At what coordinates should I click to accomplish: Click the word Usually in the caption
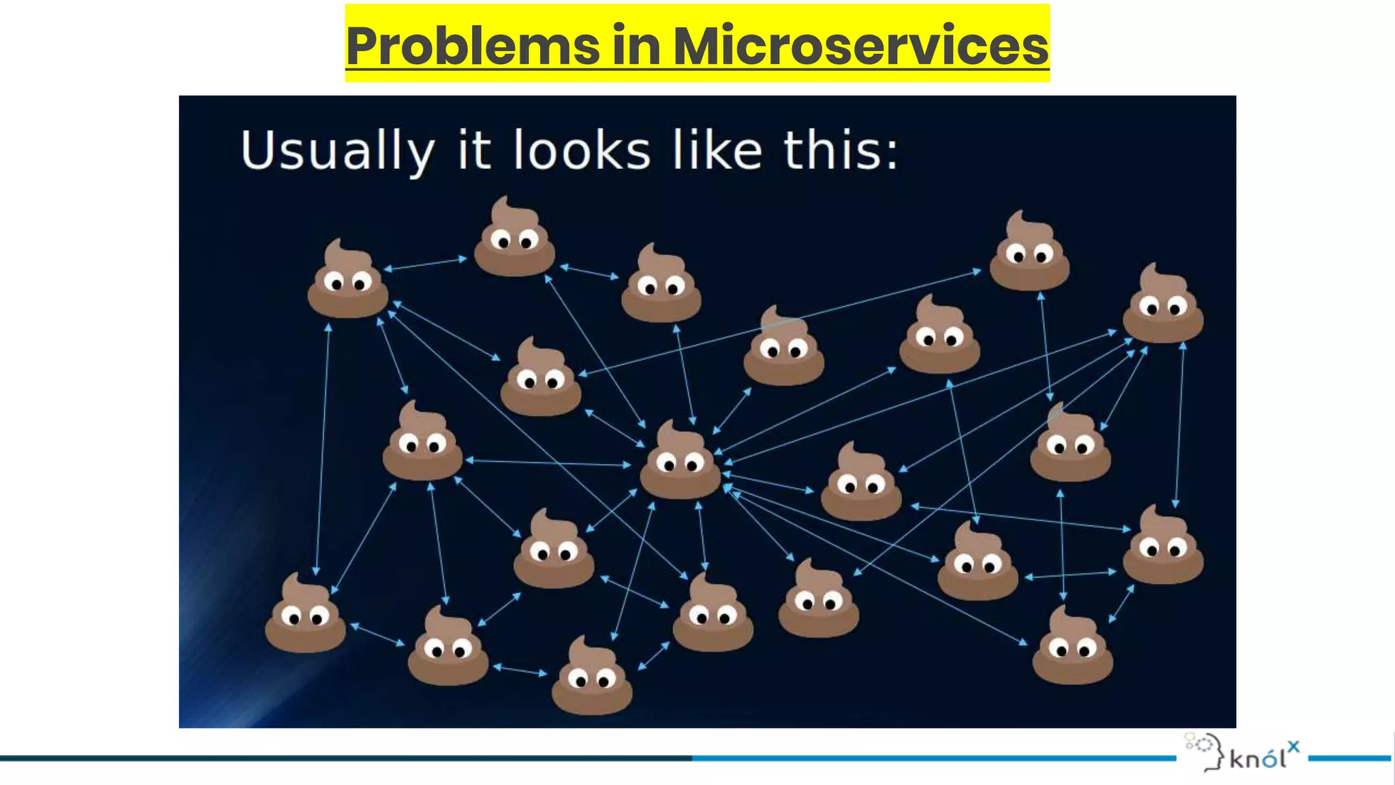[337, 151]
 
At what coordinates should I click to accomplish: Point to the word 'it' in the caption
[474, 150]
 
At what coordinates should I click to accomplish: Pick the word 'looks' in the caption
[582, 150]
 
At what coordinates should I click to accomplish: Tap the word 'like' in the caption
[717, 150]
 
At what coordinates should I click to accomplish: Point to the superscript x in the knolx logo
[1294, 746]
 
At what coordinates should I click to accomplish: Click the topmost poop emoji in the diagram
[514, 238]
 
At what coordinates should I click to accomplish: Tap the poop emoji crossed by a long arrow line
[783, 348]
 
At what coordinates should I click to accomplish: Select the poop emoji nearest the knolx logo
[1072, 647]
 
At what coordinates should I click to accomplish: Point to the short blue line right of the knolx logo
[1349, 758]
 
